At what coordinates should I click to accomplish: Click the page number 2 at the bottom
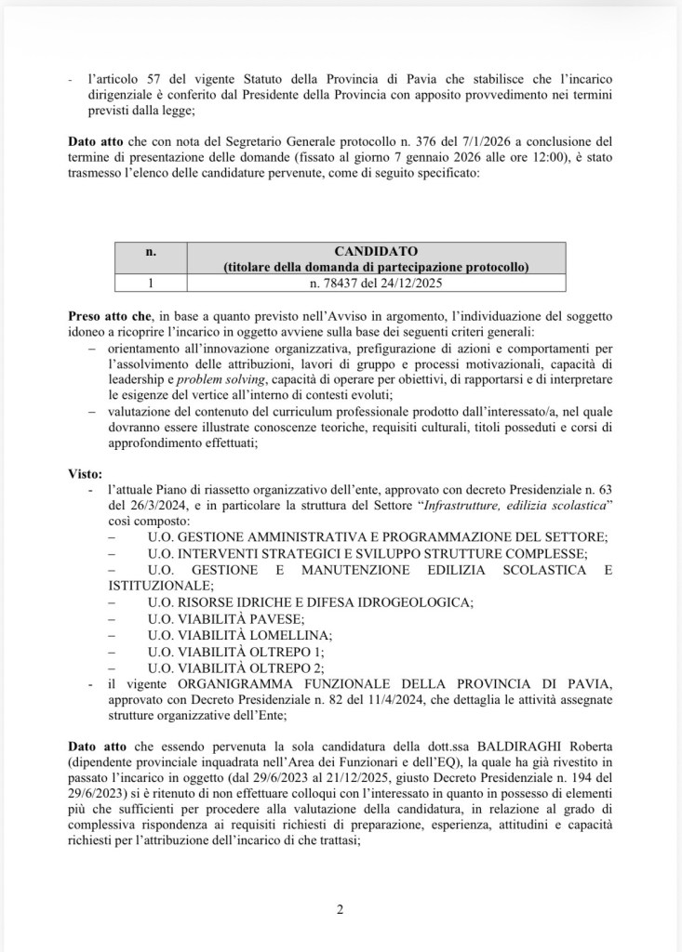pyautogui.click(x=340, y=909)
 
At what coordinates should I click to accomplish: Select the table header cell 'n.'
pyautogui.click(x=152, y=251)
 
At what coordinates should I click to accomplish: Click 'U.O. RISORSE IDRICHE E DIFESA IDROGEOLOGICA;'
pyautogui.click(x=310, y=602)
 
